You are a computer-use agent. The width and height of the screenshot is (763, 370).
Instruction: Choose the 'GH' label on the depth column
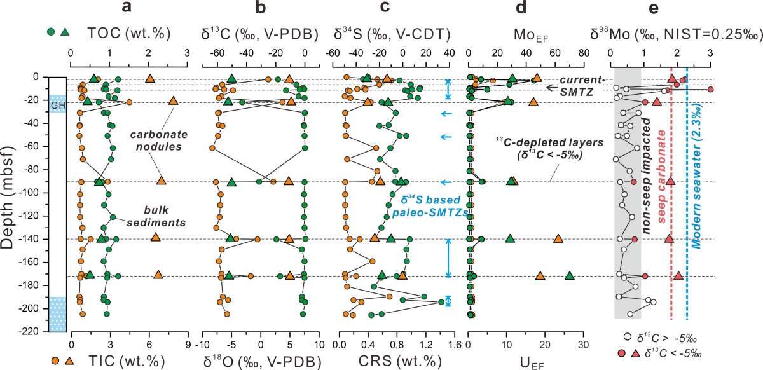coord(58,104)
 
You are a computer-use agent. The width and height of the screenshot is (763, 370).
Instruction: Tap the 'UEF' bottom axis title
coord(526,360)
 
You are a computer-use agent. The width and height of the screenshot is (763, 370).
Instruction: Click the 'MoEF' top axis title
coord(525,32)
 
